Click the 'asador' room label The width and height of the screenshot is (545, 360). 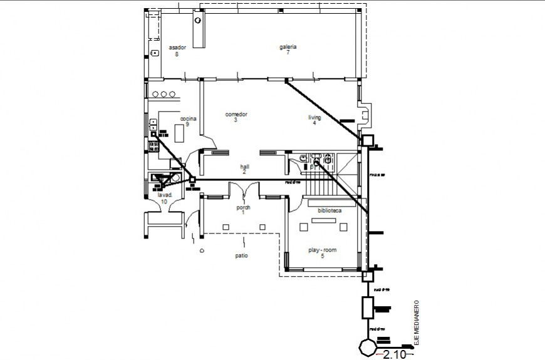[177, 48]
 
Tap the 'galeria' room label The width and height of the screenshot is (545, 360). [288, 47]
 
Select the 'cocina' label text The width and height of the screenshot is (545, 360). [189, 118]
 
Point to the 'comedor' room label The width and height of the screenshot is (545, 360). [236, 115]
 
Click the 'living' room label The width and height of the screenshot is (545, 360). [314, 117]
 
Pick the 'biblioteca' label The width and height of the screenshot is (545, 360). [330, 211]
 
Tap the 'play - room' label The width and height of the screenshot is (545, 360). [322, 250]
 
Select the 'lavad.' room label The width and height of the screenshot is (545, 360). [164, 195]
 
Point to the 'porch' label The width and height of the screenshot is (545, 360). [243, 207]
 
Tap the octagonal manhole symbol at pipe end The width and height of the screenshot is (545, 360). [366, 346]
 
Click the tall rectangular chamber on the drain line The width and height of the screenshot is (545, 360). [368, 307]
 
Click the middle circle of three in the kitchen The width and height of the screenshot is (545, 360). [164, 94]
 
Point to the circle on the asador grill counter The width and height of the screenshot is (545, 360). [198, 20]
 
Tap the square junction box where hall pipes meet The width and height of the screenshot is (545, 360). [192, 180]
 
